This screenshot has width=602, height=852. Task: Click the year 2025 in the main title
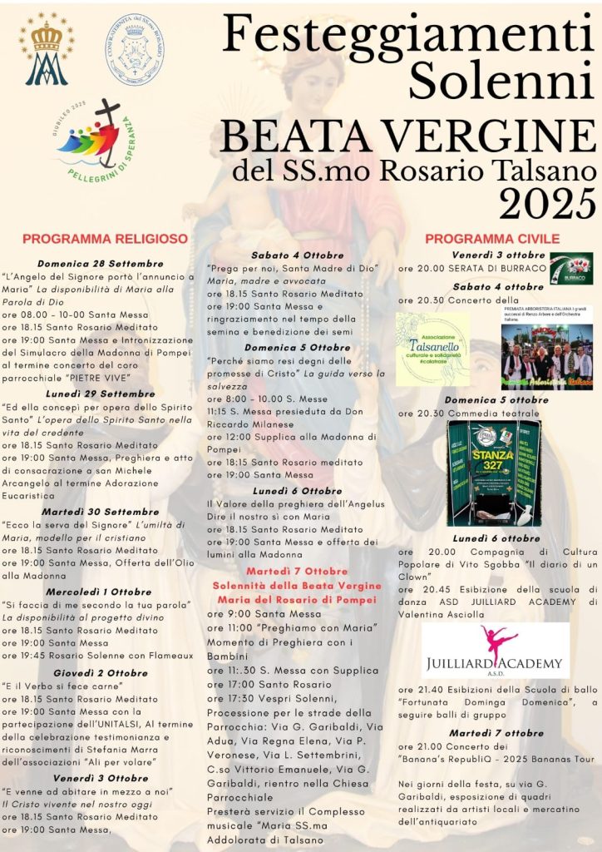[547, 203]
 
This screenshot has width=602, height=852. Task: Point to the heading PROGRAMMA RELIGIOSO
[105, 239]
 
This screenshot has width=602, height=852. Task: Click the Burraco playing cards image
[571, 269]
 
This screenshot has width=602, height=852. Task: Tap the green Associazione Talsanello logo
[432, 349]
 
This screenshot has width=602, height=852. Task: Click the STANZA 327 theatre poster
[494, 472]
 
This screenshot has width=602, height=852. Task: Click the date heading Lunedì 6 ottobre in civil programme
[496, 538]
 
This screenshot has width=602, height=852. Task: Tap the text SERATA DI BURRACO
[497, 269]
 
